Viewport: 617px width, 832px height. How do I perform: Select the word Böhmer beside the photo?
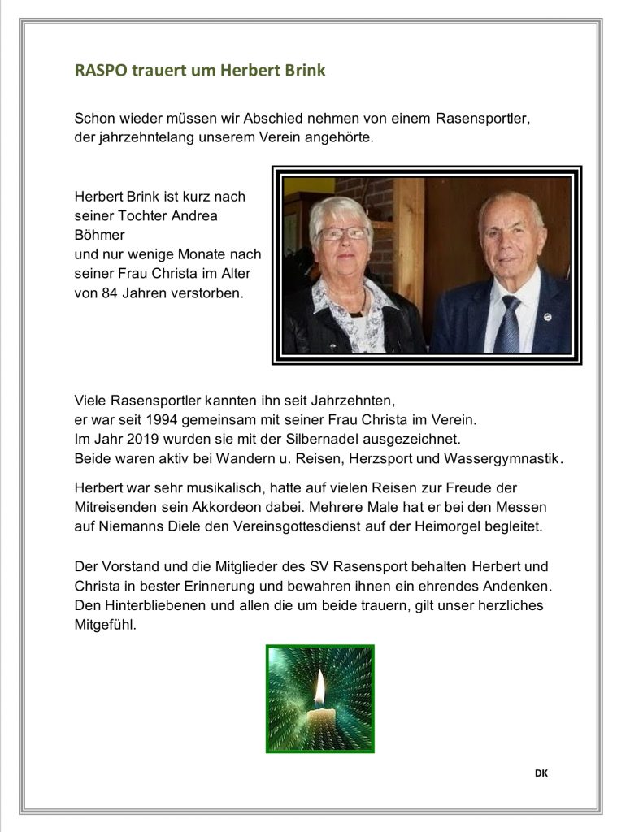(98, 235)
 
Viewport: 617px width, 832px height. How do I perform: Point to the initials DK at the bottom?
(541, 773)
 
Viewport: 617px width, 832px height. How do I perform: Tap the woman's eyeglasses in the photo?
(341, 233)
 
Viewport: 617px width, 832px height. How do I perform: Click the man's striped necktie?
(510, 324)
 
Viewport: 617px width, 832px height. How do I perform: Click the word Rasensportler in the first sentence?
(483, 118)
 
